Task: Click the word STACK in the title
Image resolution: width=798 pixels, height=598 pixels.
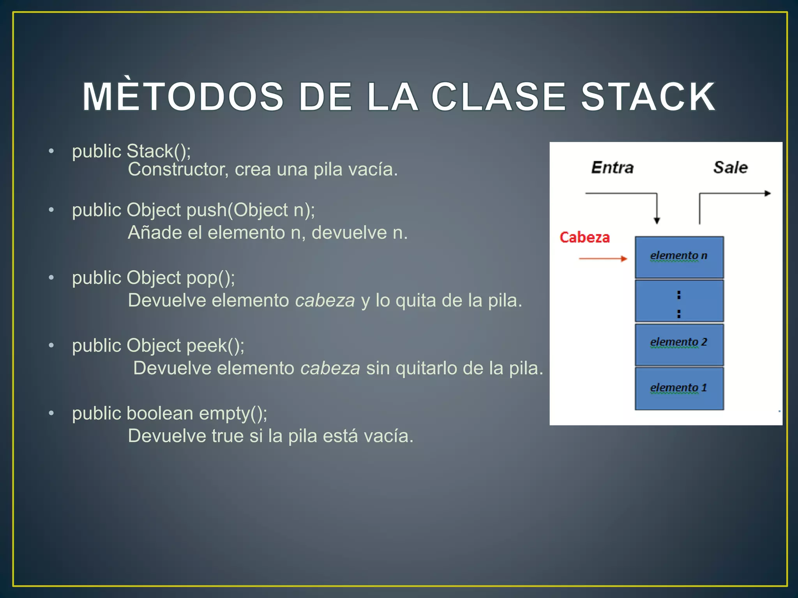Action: [648, 97]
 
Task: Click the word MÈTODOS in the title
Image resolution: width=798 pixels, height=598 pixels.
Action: [183, 97]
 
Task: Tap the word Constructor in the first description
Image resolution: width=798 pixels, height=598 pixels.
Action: [178, 170]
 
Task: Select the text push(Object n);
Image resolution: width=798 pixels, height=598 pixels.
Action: [251, 210]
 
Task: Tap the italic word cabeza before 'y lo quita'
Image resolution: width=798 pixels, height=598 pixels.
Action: [325, 301]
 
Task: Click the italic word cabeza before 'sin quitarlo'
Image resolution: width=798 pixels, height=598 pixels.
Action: [330, 368]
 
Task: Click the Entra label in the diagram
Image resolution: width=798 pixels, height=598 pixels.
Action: [612, 168]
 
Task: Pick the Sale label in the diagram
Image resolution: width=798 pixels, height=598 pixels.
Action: [730, 168]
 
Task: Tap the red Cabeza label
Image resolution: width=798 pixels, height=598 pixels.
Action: [584, 237]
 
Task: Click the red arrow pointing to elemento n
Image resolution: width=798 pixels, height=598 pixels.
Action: [602, 259]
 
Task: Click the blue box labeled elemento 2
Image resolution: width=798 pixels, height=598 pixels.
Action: [679, 344]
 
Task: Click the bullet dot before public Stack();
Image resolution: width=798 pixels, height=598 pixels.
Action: [51, 151]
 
